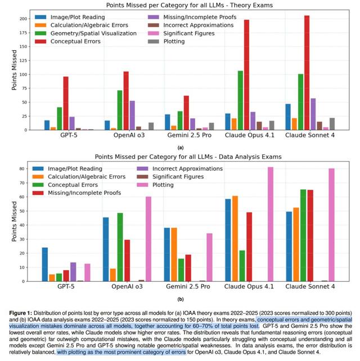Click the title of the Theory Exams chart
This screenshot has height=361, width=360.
pos(180,5)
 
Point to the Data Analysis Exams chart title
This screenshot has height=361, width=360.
pos(180,157)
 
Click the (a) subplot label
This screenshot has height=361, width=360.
pos(180,146)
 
